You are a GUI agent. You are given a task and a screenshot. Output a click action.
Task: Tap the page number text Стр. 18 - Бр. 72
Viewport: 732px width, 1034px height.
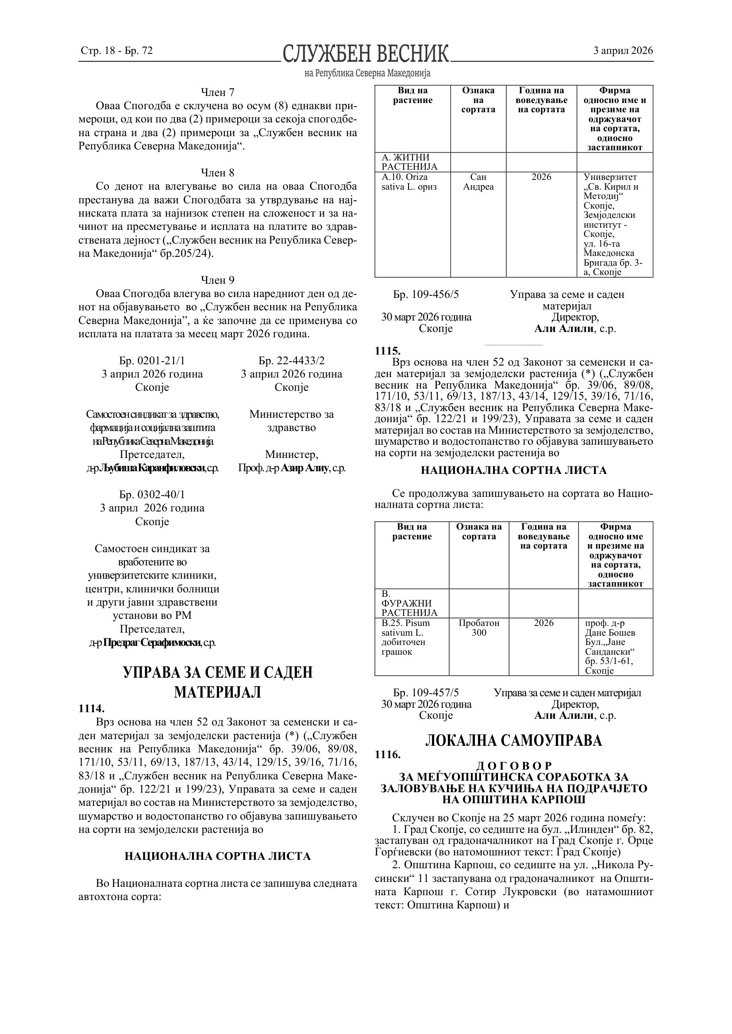click(117, 50)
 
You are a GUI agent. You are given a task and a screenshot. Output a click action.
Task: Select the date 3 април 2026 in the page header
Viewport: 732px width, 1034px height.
click(623, 50)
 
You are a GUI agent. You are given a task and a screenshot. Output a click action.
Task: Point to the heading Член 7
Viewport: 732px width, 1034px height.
click(218, 92)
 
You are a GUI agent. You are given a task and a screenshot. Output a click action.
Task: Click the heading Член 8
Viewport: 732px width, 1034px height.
click(218, 172)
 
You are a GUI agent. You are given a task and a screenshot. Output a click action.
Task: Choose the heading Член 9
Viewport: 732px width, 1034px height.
click(218, 280)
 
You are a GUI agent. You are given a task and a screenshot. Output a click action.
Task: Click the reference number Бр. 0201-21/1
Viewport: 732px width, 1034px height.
click(152, 360)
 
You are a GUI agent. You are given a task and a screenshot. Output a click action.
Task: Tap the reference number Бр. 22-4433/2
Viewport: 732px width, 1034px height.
click(292, 360)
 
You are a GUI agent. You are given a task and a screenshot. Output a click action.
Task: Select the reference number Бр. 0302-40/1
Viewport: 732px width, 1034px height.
click(152, 495)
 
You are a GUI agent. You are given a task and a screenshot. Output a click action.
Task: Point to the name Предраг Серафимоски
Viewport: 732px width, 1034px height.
click(152, 643)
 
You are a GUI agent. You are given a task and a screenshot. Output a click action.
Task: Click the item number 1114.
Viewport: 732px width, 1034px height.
click(92, 708)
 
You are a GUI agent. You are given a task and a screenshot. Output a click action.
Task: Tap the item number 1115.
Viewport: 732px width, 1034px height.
click(388, 351)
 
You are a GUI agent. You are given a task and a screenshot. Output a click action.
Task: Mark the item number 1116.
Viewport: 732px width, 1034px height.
click(388, 754)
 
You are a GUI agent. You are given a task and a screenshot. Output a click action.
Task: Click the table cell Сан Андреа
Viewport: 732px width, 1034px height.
click(478, 182)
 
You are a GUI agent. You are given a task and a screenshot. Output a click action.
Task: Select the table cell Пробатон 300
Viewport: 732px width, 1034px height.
click(479, 628)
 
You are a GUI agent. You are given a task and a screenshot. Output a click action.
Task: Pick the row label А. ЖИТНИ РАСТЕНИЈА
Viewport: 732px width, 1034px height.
click(409, 162)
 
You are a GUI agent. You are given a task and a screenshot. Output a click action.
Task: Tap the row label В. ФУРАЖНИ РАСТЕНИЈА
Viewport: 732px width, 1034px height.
click(409, 603)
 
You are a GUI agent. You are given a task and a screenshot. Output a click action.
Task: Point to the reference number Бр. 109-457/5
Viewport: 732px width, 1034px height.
click(426, 693)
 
